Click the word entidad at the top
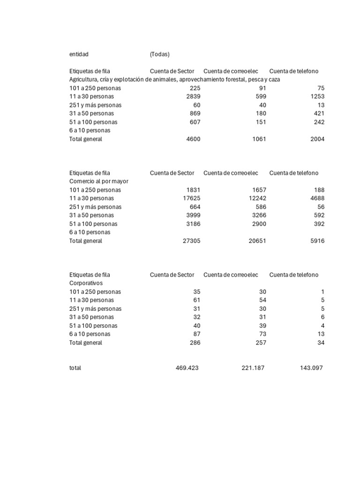79,54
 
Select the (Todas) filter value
160,54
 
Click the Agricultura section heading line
174,80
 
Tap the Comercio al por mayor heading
99,181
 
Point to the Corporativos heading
86,283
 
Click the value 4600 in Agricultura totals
193,139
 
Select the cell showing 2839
193,97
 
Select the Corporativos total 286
195,343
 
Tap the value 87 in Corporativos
196,334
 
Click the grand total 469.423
187,368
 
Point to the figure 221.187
253,368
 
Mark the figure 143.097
311,368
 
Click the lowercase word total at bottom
75,368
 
